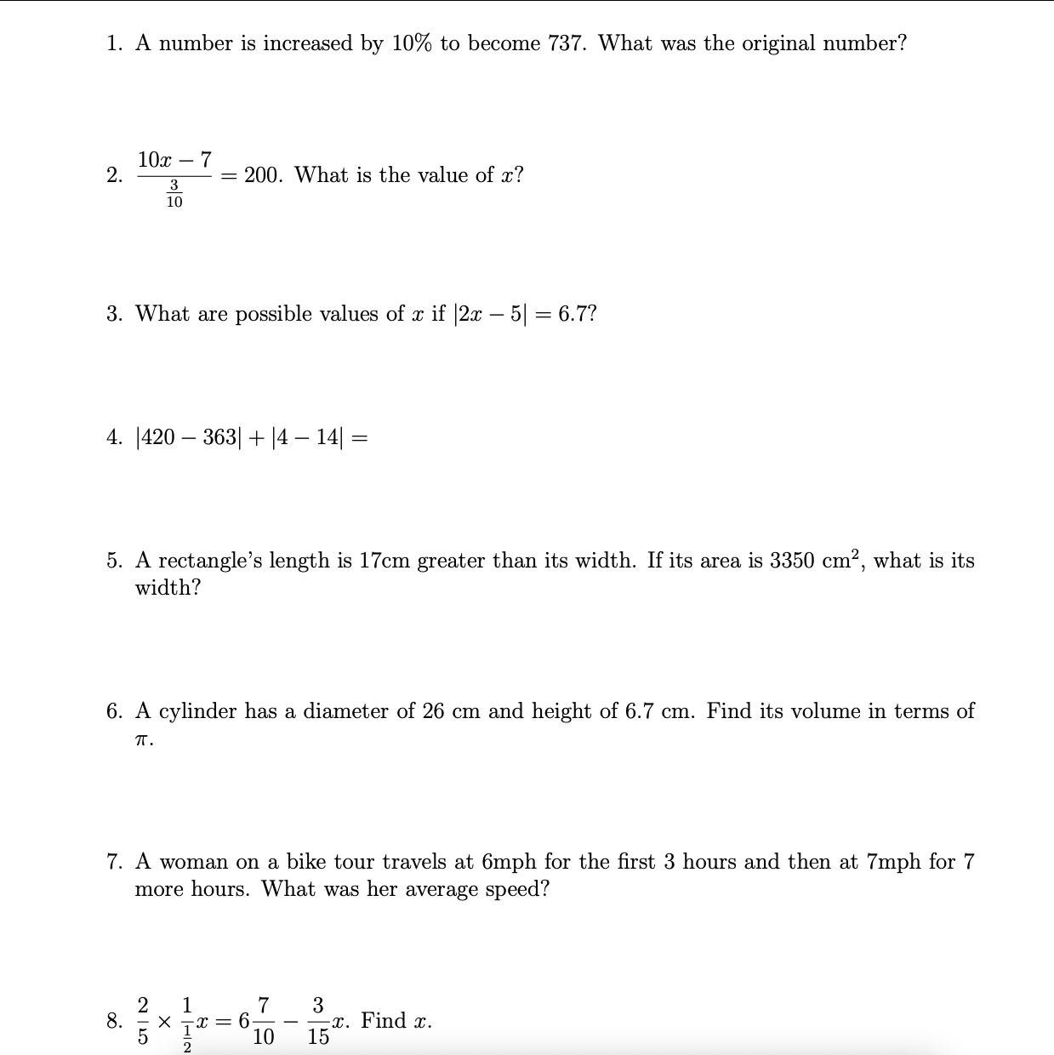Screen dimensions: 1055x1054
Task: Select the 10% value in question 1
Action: (x=412, y=43)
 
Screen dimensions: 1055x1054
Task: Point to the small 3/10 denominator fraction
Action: (x=174, y=194)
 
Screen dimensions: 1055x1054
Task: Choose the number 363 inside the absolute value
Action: (x=220, y=437)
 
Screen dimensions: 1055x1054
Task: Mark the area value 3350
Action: (x=792, y=561)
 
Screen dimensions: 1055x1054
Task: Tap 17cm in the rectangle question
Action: (x=385, y=561)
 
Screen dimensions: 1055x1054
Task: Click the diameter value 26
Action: (x=433, y=711)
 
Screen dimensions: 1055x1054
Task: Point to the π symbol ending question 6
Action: (x=143, y=740)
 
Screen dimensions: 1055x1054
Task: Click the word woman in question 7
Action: (x=193, y=862)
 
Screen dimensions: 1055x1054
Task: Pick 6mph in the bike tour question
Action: (x=509, y=862)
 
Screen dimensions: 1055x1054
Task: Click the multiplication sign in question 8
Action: (x=165, y=1021)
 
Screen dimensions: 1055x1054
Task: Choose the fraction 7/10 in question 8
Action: (x=264, y=1021)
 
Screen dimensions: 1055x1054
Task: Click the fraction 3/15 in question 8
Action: (x=318, y=1021)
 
